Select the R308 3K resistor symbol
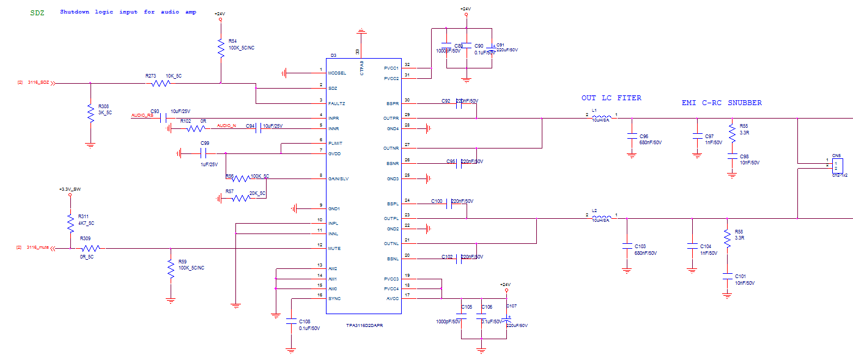90,113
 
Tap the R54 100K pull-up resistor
221,46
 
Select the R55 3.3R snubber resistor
731,131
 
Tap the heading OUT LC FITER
611,98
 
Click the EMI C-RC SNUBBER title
722,103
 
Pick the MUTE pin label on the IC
334,249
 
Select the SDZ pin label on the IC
333,88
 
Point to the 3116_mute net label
37,248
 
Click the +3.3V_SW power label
70,189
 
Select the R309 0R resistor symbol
90,248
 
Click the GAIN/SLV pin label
339,178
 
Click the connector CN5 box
836,165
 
